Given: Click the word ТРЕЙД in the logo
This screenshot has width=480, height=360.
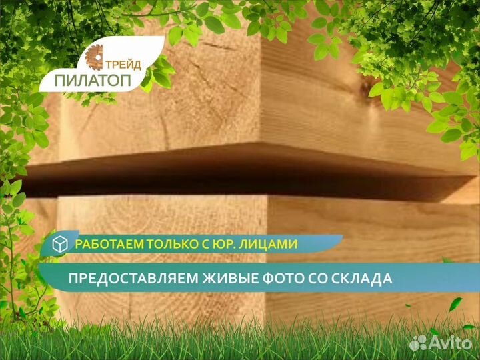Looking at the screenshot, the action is (x=123, y=65).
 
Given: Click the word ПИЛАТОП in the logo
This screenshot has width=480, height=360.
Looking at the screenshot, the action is (x=93, y=80).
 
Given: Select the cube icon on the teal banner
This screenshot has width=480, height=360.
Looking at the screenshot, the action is (x=60, y=244).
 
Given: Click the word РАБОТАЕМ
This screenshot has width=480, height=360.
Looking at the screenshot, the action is (x=110, y=244).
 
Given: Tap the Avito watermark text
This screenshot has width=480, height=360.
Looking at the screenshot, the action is (x=451, y=343).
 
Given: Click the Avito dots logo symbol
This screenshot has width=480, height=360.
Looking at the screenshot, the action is (x=418, y=343).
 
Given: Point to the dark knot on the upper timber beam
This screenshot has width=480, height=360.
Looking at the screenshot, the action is (x=367, y=86).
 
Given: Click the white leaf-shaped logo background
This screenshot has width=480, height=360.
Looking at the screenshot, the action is (x=101, y=64).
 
